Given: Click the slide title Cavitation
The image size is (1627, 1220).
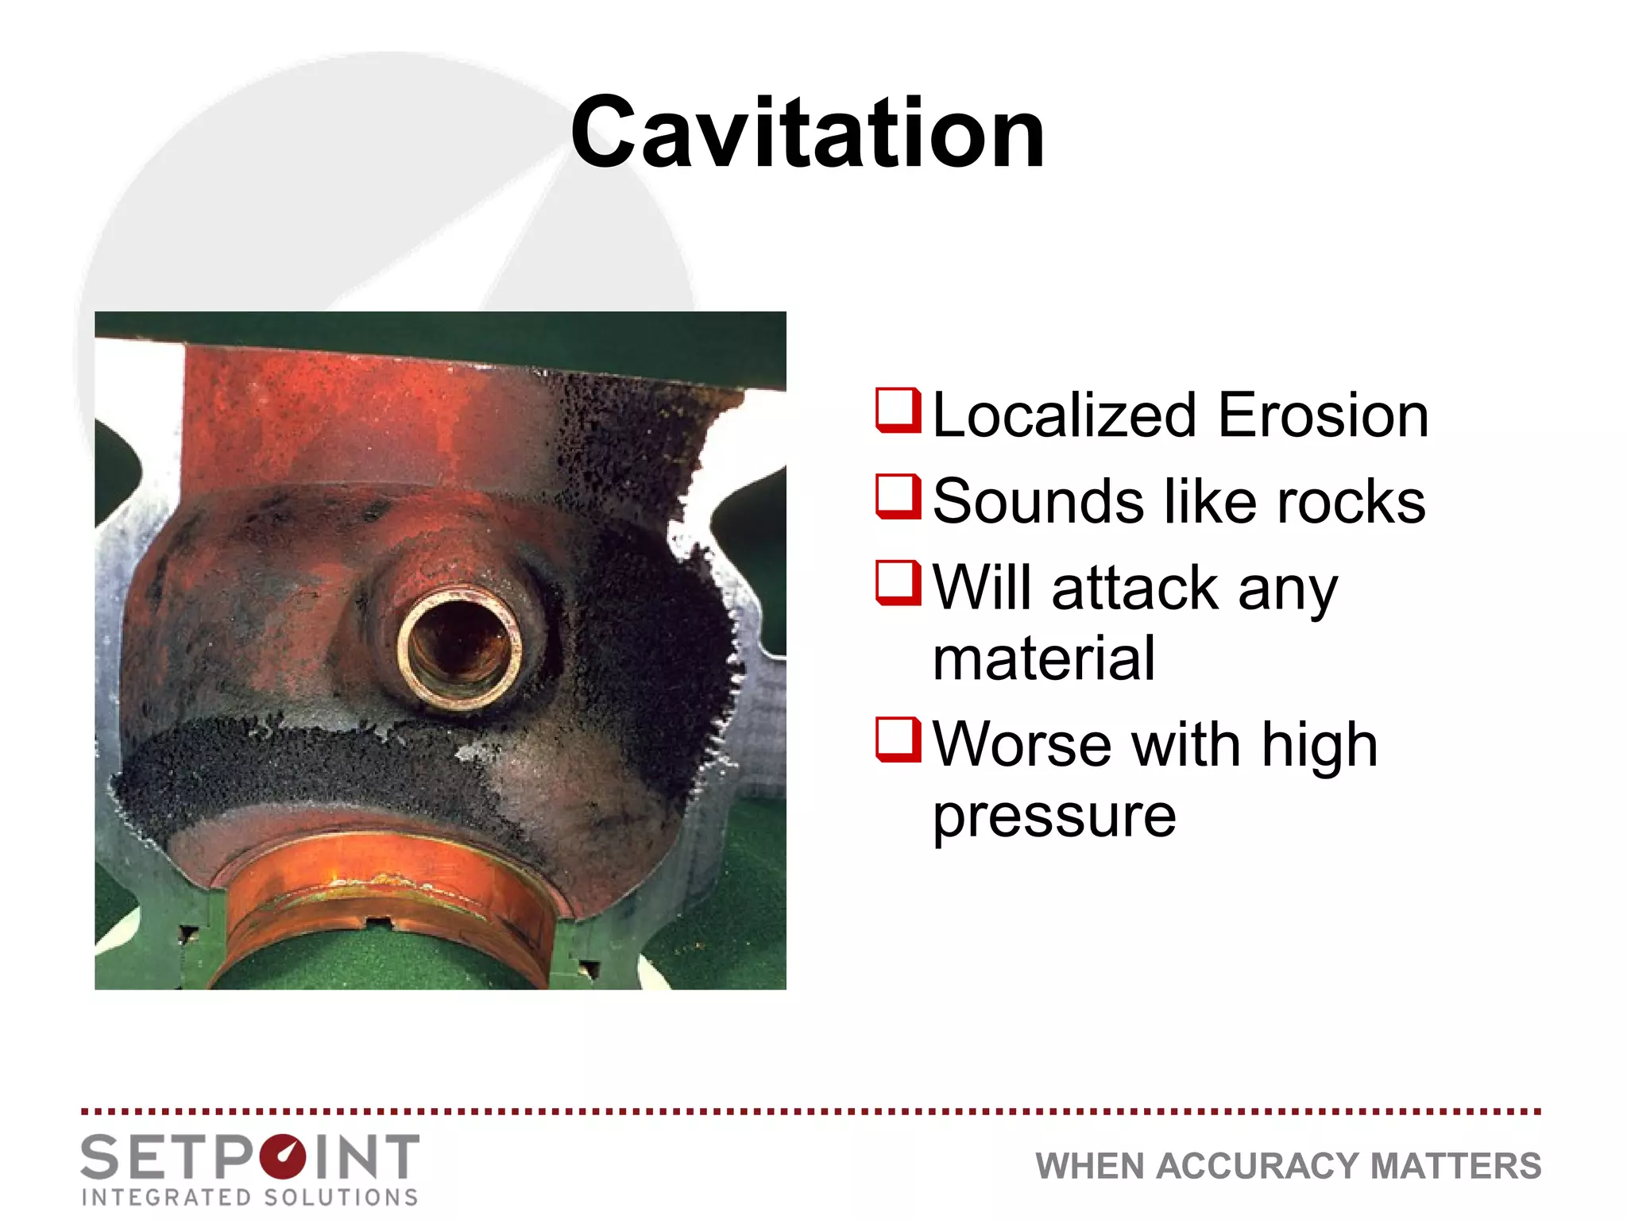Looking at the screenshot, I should [807, 133].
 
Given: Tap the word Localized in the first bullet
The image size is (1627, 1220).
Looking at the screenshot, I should [1064, 415].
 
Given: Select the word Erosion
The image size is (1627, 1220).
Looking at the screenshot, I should [1323, 415].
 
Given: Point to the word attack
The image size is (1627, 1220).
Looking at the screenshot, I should [1135, 589].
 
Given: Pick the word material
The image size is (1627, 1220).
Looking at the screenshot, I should [1043, 658].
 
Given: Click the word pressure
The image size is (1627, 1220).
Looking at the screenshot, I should [1053, 817].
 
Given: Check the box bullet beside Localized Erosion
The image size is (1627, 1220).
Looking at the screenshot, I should [898, 411].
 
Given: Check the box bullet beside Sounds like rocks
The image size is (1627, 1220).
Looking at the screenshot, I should [898, 496].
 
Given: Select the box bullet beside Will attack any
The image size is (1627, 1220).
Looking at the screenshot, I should [898, 582].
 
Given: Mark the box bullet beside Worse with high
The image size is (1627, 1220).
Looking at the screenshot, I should [898, 739].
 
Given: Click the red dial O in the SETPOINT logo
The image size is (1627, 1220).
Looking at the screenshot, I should [282, 1157].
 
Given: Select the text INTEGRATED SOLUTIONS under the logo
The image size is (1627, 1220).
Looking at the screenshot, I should [250, 1197].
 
